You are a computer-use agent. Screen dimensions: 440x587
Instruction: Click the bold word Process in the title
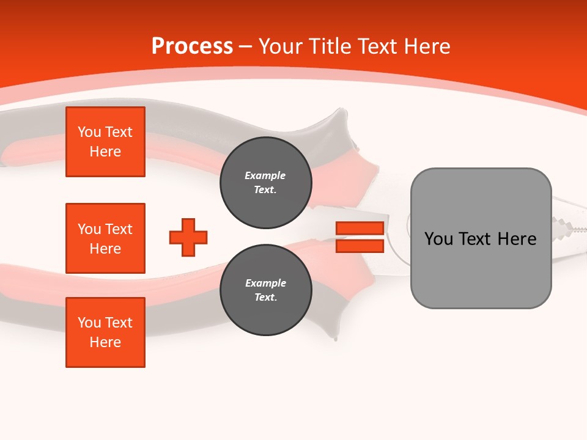point(192,46)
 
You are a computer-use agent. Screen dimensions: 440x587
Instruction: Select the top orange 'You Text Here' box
point(105,142)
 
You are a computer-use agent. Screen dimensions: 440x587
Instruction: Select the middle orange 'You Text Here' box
point(105,238)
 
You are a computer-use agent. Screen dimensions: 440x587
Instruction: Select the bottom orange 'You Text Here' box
point(105,332)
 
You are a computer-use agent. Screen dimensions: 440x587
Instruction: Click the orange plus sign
point(188,237)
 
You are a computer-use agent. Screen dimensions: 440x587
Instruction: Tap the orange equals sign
point(360,237)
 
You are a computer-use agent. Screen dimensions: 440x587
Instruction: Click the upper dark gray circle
point(265,183)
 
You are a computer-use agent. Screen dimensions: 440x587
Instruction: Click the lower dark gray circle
point(265,290)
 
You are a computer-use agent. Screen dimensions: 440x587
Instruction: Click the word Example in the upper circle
point(265,175)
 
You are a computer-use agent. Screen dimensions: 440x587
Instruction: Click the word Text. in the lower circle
point(265,298)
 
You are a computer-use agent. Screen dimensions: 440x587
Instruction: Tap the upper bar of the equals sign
point(360,228)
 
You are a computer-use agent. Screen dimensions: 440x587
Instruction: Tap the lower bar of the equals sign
point(360,246)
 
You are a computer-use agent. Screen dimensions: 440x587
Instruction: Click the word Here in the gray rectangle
point(517,238)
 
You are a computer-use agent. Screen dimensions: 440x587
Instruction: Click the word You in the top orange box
point(89,132)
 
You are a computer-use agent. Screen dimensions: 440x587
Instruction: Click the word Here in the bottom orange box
point(105,342)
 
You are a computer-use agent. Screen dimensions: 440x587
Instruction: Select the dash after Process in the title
point(246,46)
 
